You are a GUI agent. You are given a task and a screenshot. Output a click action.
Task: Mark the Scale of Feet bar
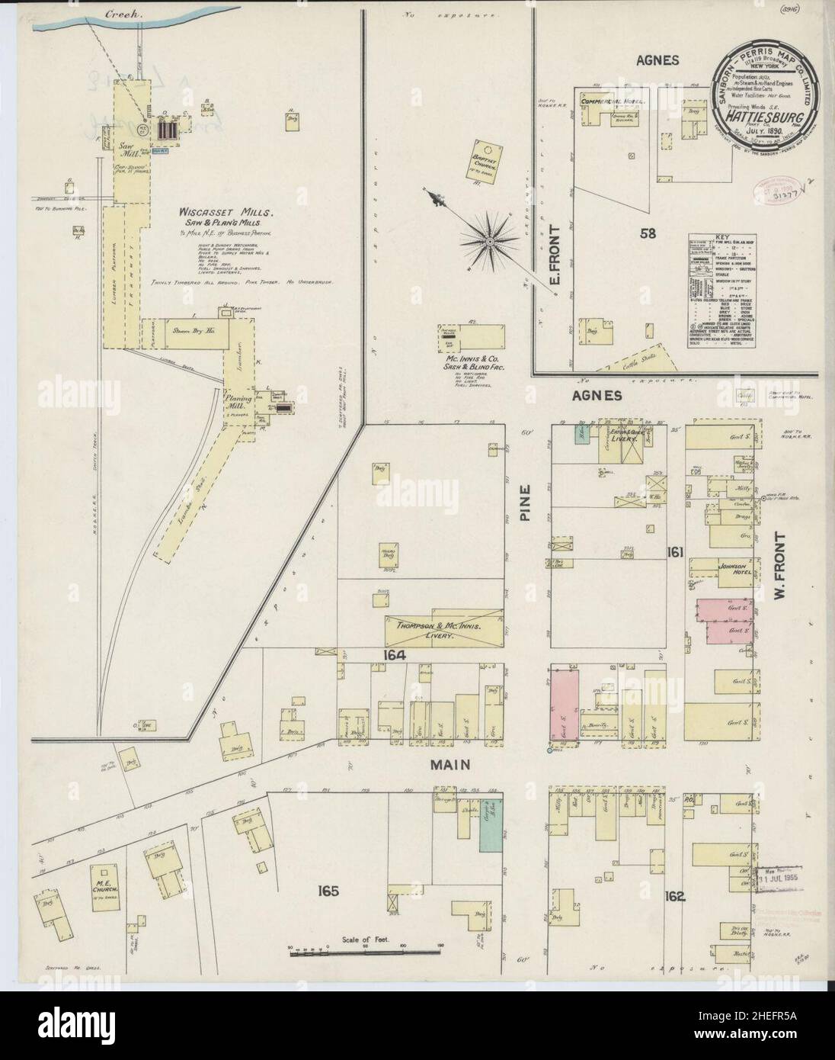pyautogui.click(x=355, y=950)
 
